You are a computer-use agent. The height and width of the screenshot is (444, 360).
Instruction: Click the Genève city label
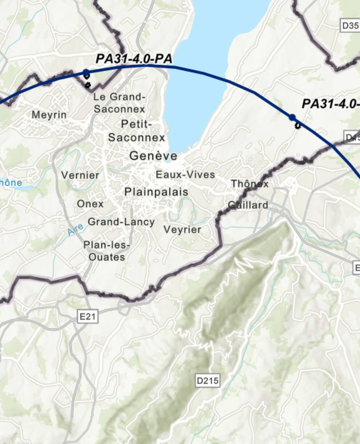pyautogui.click(x=153, y=156)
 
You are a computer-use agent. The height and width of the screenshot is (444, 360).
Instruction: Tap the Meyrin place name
pyautogui.click(x=49, y=115)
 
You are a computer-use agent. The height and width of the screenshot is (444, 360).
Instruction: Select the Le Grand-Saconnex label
pyautogui.click(x=119, y=103)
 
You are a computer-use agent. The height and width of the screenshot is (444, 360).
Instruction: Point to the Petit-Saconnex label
pyautogui.click(x=136, y=131)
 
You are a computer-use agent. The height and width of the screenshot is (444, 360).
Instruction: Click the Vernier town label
pyautogui.click(x=80, y=175)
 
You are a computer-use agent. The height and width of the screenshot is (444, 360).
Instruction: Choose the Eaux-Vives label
pyautogui.click(x=185, y=175)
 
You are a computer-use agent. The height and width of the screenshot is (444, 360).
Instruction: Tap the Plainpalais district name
pyautogui.click(x=156, y=192)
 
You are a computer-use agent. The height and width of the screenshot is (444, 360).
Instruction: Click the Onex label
pyautogui.click(x=90, y=204)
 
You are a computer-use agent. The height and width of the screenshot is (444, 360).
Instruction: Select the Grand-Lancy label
pyautogui.click(x=121, y=221)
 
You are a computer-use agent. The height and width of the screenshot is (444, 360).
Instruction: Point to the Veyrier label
pyautogui.click(x=182, y=229)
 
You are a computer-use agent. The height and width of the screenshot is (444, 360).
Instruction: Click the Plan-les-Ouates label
pyautogui.click(x=107, y=251)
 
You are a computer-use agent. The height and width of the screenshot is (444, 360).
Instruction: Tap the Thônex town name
pyautogui.click(x=250, y=184)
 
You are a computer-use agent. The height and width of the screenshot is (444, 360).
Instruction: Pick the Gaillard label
pyautogui.click(x=248, y=205)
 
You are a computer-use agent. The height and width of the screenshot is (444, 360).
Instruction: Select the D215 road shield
pyautogui.click(x=207, y=381)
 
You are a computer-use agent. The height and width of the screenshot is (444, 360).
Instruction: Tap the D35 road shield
pyautogui.click(x=350, y=25)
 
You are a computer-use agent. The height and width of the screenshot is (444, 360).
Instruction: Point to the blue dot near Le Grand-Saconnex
pyautogui.click(x=86, y=72)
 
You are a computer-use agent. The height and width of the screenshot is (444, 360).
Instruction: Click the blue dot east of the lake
pyautogui.click(x=292, y=117)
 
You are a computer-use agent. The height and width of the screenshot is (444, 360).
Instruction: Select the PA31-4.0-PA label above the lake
pyautogui.click(x=134, y=59)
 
